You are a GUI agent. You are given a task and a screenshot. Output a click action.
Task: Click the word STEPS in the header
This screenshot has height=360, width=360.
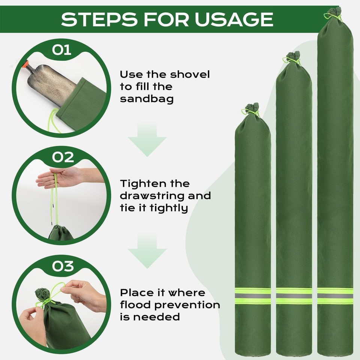coord(99,19)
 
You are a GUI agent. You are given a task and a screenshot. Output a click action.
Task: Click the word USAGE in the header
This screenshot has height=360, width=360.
coord(234,19)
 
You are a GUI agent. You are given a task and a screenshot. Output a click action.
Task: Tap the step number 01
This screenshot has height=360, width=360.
coord(61,50)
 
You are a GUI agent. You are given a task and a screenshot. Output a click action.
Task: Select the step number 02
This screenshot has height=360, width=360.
coord(63,157)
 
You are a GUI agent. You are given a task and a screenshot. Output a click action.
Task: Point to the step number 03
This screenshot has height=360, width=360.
coord(63,266)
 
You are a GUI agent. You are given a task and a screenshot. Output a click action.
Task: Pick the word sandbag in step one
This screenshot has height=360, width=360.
coord(147,99)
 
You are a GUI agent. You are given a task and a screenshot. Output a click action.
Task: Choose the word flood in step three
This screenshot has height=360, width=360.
coord(136,304)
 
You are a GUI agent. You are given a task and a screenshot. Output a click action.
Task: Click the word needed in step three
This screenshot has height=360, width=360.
coord(156,317)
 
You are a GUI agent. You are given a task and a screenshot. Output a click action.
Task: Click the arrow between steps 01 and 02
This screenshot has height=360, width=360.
coord(147,139)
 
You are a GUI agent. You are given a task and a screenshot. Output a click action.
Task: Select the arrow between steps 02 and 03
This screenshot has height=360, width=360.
coord(147,251)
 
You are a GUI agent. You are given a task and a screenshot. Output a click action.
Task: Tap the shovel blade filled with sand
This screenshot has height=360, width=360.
coord(51,84)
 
